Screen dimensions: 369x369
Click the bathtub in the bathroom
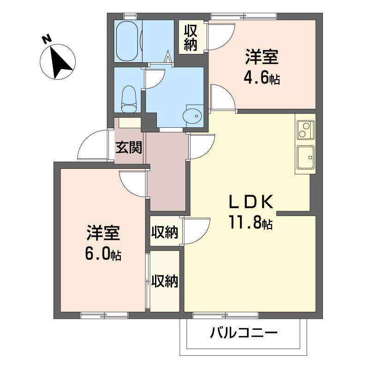(127, 41)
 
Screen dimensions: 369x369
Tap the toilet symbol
(129, 99)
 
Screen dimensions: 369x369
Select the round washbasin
(192, 115)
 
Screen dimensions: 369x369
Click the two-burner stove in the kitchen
(305, 130)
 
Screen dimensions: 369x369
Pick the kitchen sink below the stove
(305, 157)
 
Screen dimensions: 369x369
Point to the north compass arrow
(60, 62)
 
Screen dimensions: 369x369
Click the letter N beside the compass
(47, 39)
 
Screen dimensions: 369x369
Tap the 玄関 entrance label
(129, 148)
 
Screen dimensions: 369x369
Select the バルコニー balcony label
(244, 333)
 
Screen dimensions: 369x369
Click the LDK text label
(251, 202)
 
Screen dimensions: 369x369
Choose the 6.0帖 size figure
(103, 254)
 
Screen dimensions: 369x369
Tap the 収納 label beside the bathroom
(190, 38)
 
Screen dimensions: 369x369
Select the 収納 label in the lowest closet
(165, 281)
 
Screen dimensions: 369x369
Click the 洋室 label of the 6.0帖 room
(103, 233)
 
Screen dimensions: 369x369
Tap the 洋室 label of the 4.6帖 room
(262, 57)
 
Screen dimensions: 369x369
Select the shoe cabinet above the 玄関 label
(130, 123)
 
